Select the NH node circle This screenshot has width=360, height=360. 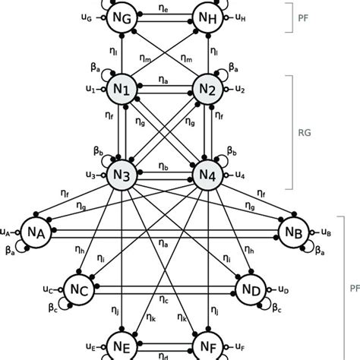pyautogui.click(x=206, y=15)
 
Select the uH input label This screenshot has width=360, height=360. pyautogui.click(x=240, y=15)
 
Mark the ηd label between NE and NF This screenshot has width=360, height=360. pyautogui.click(x=165, y=354)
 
